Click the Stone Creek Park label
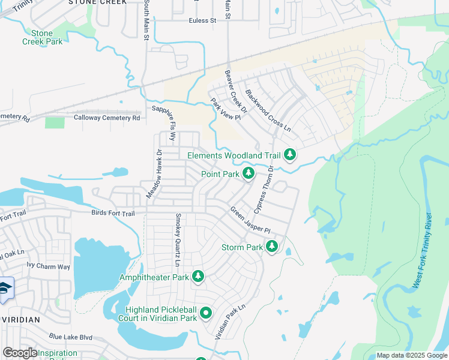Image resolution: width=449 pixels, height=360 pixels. [41, 37]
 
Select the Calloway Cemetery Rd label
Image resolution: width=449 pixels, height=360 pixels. [106, 118]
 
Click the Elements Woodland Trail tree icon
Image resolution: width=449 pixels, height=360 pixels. [290, 155]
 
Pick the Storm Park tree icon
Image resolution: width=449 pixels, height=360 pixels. [272, 247]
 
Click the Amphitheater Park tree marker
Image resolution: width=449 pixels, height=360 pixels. [198, 277]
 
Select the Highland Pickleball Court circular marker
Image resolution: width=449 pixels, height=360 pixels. [206, 313]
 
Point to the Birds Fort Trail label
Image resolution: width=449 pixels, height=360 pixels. [113, 213]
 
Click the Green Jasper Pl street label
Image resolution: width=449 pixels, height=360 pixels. [250, 220]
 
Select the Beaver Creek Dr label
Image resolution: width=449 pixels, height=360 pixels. [236, 92]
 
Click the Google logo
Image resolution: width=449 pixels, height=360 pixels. [20, 353]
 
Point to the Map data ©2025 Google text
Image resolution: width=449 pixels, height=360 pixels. [411, 355]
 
